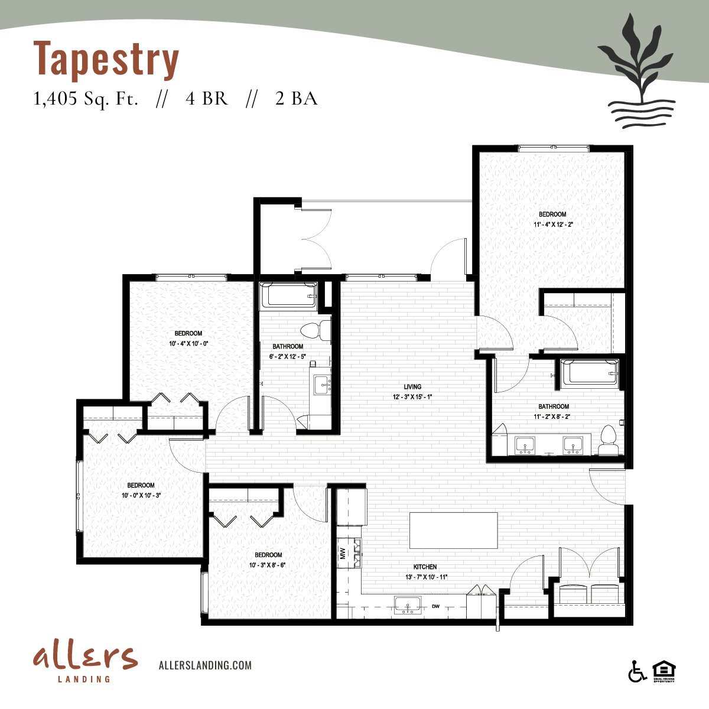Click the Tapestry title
106,59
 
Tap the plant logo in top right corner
635,77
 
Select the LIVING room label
412,387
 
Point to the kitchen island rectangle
453,531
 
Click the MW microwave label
343,554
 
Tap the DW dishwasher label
436,606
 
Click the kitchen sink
408,606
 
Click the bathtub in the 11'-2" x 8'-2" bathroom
589,373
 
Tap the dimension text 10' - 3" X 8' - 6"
268,565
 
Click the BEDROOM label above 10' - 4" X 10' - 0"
188,334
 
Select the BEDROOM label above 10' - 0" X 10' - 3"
141,486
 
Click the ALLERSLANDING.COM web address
205,665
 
